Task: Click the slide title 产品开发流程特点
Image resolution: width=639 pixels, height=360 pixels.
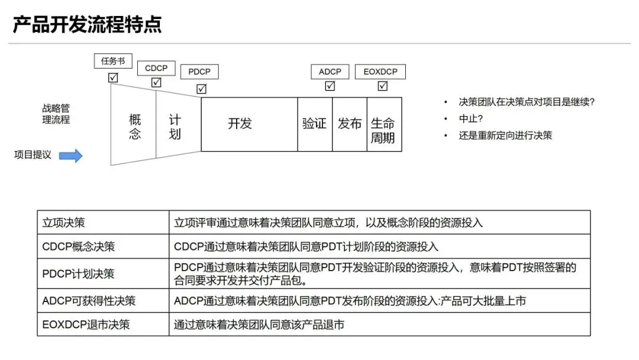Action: (x=87, y=25)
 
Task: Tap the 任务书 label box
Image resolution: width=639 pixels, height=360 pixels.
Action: (x=113, y=60)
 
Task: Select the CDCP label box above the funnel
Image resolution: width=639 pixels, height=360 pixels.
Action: (x=156, y=68)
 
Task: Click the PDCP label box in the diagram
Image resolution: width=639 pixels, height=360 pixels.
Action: (x=199, y=72)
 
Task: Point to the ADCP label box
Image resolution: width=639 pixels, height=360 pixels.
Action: (x=330, y=72)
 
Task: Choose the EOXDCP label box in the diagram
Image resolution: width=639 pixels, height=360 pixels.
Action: (x=380, y=72)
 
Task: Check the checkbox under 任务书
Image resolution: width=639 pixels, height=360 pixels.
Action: (x=113, y=78)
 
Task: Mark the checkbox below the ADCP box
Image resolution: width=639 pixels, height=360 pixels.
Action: (x=330, y=86)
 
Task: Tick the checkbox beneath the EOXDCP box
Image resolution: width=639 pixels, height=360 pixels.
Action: (x=382, y=86)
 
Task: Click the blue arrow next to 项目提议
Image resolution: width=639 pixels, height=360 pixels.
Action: (x=71, y=155)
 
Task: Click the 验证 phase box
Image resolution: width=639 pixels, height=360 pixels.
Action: (x=314, y=124)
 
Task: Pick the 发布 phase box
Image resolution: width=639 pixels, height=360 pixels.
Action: (x=350, y=124)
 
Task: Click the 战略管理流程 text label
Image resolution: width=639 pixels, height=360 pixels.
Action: (x=56, y=114)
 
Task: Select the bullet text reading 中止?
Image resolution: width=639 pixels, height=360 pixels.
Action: (x=472, y=118)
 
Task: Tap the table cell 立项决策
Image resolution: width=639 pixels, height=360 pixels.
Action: (x=64, y=223)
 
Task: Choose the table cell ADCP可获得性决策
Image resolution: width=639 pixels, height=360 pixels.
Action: (x=89, y=301)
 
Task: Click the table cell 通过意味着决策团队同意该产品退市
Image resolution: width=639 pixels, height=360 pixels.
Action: (x=259, y=324)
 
